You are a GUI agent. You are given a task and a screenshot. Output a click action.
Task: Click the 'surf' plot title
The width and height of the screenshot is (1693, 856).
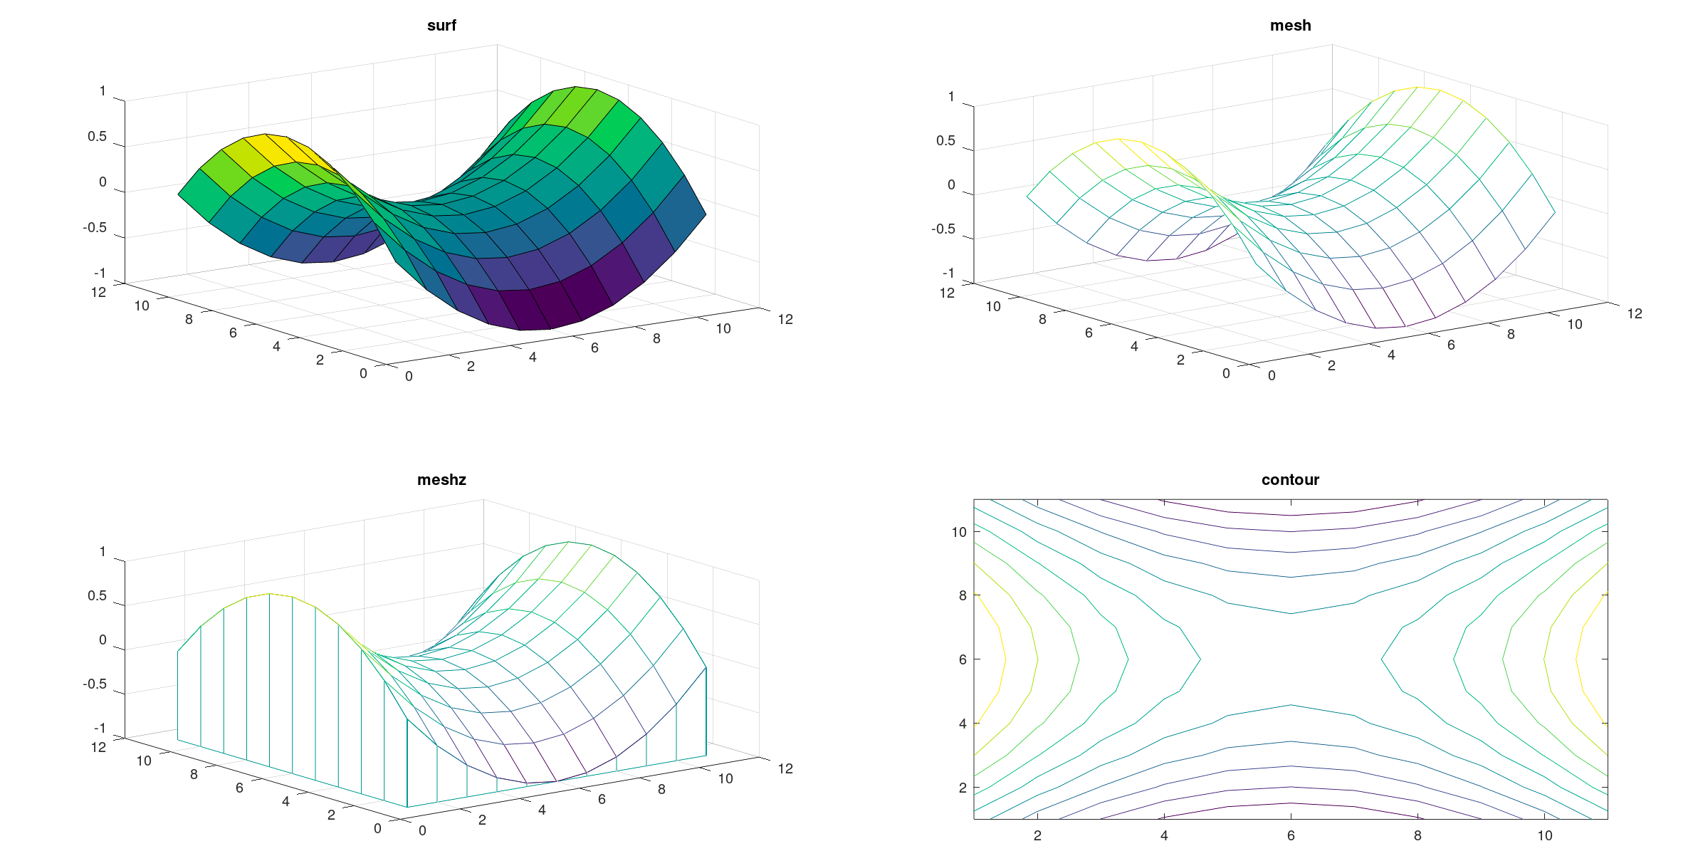coord(441,26)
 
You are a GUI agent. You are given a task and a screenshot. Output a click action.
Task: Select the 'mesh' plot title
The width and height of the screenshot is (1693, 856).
coord(1290,26)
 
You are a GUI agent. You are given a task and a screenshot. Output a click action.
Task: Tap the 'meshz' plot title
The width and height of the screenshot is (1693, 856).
coord(441,480)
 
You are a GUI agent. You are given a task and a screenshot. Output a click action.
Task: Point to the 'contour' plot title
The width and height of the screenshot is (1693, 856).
coord(1290,480)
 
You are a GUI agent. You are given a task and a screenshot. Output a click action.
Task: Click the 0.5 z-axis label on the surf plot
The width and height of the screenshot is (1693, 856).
coord(97,136)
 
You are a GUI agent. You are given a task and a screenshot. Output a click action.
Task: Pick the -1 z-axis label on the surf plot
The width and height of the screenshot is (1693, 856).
coord(100,273)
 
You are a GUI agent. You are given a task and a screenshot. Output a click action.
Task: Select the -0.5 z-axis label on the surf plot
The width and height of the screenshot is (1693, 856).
coord(95,227)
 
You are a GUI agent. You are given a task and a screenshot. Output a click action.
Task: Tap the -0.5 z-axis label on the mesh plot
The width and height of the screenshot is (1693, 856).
coord(943,229)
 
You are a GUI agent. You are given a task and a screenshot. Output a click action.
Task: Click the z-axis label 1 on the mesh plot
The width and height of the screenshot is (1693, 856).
coord(951,96)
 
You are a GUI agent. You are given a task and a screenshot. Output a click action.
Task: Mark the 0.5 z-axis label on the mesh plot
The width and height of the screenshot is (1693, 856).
coord(945,140)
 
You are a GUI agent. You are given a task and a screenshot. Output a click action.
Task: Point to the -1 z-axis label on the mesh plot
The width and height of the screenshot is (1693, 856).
coord(948,273)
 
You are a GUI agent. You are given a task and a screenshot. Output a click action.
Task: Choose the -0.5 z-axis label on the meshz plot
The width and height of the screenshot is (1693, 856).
coord(95,684)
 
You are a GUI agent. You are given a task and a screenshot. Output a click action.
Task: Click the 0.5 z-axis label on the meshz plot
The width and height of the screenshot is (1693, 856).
coord(97,595)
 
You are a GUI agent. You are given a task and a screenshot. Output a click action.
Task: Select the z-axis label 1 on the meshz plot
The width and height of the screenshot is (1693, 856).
coord(103,551)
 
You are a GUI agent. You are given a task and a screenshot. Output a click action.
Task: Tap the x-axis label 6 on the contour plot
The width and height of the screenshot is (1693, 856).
coord(1291,835)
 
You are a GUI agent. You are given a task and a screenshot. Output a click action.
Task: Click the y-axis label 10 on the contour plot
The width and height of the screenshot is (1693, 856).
coord(959,532)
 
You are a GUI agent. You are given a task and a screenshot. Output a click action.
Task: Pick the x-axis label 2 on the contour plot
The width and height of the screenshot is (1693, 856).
coord(1037,835)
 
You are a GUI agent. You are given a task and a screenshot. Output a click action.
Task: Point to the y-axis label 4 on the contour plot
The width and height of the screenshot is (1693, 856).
coord(963,724)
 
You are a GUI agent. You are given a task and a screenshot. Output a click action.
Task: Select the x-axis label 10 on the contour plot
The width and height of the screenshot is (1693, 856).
coord(1545,835)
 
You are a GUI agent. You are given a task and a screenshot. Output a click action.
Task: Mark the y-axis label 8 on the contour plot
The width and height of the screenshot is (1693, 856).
coord(963,595)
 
